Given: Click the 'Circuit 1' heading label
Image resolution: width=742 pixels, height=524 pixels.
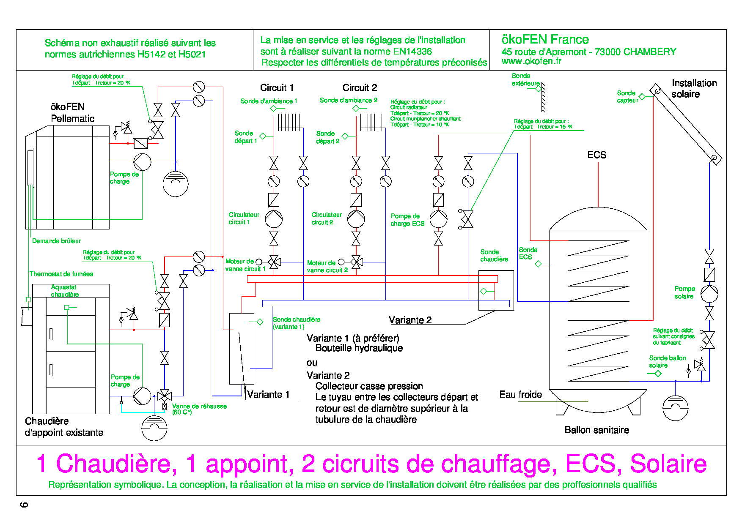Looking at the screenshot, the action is point(277,87).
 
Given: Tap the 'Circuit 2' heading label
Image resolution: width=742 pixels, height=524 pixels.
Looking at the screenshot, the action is point(360,87).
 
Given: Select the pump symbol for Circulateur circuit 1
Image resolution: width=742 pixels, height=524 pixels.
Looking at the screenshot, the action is point(274,219).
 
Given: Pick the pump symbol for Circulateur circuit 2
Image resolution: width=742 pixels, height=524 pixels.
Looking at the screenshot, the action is point(356,219).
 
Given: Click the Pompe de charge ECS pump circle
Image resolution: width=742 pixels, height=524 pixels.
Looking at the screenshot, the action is point(438,219).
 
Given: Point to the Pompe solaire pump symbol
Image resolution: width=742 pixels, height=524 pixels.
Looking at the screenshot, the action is point(709,294).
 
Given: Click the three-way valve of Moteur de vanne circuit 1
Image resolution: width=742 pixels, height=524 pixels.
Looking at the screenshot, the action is point(274,262).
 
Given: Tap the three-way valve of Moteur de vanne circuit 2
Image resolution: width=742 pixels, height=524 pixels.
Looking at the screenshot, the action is point(357,262).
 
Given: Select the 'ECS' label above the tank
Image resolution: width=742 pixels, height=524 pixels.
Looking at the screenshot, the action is point(597,155).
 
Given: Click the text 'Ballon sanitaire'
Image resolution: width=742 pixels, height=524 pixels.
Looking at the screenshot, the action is point(597,430).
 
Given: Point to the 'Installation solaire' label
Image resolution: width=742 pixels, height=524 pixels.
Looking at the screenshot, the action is point(694,88).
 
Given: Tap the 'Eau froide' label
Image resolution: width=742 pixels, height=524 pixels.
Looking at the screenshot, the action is point(521,395).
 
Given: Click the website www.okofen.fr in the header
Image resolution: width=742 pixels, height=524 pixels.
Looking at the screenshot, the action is point(531,61).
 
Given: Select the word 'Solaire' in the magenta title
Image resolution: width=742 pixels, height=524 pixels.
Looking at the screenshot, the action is point(668,464).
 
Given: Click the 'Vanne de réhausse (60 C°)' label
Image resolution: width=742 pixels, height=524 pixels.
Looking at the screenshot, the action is point(199,409).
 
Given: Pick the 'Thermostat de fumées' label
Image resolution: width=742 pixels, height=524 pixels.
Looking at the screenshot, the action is point(61,274).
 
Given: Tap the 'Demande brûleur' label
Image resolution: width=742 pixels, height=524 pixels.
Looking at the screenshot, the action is point(56,241).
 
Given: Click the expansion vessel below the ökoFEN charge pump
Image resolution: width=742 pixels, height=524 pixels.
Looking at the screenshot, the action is point(176,184).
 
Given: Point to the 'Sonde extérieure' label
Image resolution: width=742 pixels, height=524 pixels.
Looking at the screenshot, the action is point(525,79).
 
